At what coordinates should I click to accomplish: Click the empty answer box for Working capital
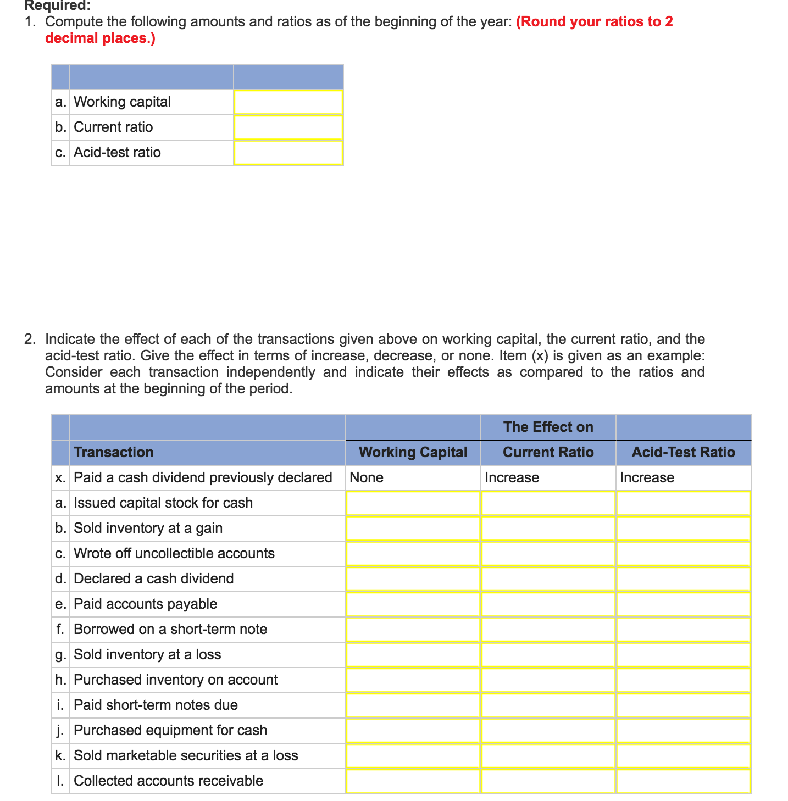coord(288,102)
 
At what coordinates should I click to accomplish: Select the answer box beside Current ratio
coord(288,127)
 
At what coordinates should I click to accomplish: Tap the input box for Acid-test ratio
coord(288,153)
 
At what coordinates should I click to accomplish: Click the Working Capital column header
coord(413,452)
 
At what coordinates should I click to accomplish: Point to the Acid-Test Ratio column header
coord(683,452)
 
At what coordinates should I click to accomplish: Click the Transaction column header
coord(114,452)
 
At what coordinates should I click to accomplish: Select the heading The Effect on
coord(548,427)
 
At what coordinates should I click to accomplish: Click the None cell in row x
coord(367,477)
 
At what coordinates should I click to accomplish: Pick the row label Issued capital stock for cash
coord(163,503)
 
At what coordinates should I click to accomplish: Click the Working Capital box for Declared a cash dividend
coord(413,579)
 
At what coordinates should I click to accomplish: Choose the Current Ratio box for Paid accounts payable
coord(548,604)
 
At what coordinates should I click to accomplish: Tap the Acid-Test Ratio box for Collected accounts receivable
coord(683,781)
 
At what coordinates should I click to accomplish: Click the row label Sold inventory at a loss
coord(147,654)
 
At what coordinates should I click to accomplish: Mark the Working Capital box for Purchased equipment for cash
coord(413,731)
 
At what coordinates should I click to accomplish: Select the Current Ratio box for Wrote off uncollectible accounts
coord(548,554)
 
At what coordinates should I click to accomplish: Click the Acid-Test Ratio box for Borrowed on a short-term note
coord(683,630)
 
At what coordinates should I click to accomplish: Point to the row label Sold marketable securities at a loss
coord(186,755)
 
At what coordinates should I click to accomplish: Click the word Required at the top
coord(57,6)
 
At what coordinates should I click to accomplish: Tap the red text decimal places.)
coord(100,38)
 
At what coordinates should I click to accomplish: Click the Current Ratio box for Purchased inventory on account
coord(548,680)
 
